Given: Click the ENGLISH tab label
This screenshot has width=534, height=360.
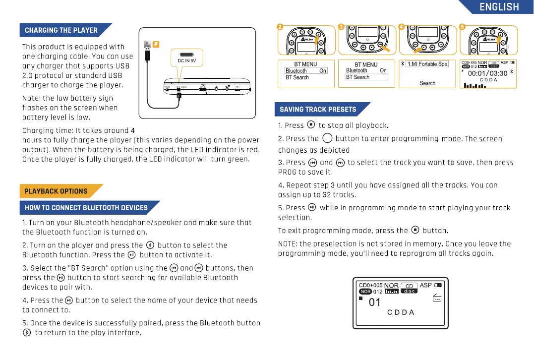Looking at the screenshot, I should click(499, 7).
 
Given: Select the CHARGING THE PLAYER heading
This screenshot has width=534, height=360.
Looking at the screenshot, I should click(61, 30).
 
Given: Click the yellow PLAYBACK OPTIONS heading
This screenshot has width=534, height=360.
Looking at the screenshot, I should click(56, 191).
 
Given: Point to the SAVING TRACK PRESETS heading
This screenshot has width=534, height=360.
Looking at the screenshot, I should click(318, 110).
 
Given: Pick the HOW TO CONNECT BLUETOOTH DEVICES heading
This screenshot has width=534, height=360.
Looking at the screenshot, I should click(86, 208).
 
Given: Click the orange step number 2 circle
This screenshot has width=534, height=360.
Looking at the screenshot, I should click(280, 27).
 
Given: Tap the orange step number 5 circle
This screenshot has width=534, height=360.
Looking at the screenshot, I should click(462, 27).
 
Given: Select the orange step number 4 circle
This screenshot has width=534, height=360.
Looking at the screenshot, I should click(401, 27).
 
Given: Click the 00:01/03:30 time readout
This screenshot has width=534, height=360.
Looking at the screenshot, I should click(487, 73).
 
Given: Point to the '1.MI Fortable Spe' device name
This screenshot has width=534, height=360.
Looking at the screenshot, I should click(427, 64).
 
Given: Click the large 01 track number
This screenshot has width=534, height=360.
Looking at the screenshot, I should click(374, 302).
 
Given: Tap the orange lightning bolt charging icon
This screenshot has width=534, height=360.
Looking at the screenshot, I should click(156, 45).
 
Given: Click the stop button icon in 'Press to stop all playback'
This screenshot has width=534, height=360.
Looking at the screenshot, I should click(311, 125).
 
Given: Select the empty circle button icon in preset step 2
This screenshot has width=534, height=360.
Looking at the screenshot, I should click(327, 138).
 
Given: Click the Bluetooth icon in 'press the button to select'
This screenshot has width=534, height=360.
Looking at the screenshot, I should click(150, 245).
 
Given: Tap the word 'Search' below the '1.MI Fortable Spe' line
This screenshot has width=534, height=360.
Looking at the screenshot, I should click(427, 83).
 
